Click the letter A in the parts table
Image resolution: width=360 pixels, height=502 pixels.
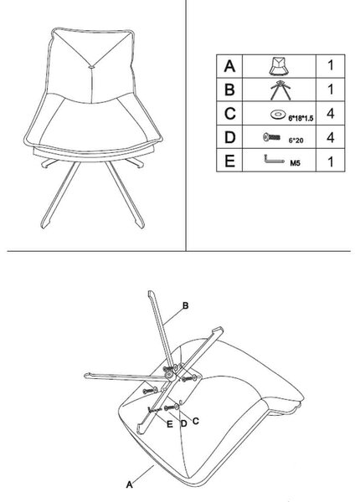click(x=229, y=66)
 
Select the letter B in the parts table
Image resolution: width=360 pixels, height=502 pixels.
click(x=229, y=90)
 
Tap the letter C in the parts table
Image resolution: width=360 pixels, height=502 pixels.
click(x=230, y=113)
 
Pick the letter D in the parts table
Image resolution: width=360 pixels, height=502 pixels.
click(x=230, y=137)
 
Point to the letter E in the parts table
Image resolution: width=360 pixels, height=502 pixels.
click(x=229, y=161)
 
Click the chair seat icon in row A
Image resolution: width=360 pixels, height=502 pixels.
click(x=279, y=66)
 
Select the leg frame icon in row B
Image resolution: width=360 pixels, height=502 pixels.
click(x=280, y=90)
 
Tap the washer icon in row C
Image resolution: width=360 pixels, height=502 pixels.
click(x=277, y=115)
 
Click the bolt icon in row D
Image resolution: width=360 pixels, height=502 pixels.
click(x=271, y=137)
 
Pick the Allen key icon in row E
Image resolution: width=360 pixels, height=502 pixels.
click(x=274, y=160)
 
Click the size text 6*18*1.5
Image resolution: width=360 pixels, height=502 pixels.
click(x=301, y=119)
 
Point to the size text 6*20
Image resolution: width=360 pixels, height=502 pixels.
click(x=296, y=141)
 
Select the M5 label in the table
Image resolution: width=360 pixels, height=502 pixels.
click(x=295, y=163)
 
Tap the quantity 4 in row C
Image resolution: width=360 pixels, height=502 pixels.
click(x=330, y=113)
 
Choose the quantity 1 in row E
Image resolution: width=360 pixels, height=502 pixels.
click(x=331, y=161)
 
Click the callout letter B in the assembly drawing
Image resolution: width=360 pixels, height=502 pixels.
click(x=186, y=305)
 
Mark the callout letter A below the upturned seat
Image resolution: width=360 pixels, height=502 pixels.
click(x=129, y=484)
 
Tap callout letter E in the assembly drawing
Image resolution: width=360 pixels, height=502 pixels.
click(x=170, y=424)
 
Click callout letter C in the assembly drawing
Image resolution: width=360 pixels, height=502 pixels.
click(x=195, y=421)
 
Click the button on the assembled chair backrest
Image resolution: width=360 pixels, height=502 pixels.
click(x=91, y=68)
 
